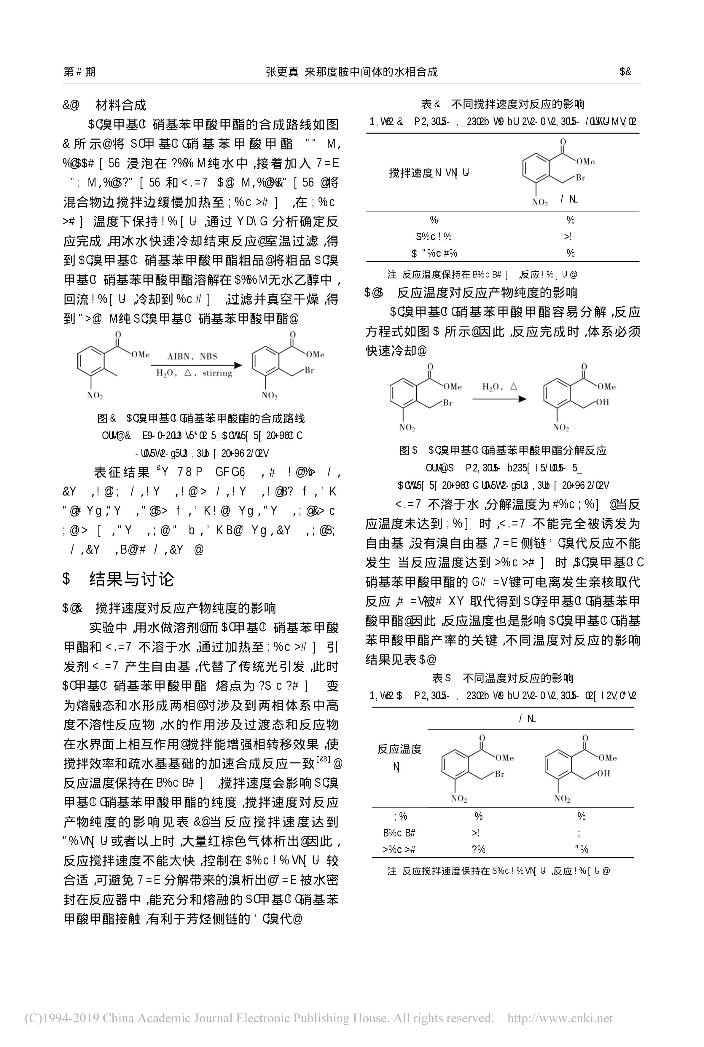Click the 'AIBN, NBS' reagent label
(192, 356)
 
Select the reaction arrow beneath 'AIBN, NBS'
(196, 365)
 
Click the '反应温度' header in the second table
(399, 749)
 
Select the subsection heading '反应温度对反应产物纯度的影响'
(487, 293)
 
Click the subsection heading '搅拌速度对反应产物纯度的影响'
(185, 608)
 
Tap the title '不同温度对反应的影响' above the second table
(518, 678)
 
